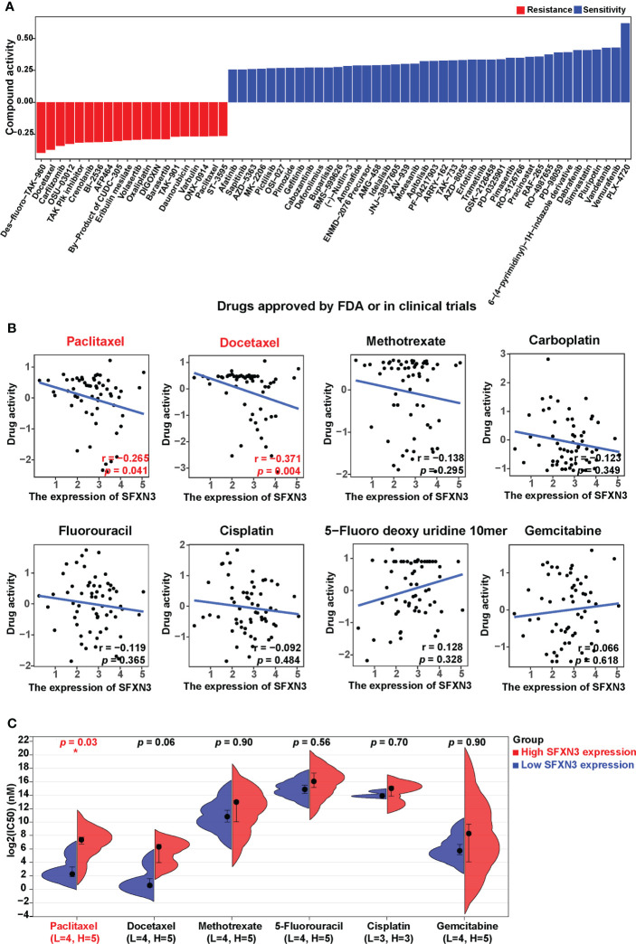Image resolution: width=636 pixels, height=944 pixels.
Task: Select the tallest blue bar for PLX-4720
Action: (624, 62)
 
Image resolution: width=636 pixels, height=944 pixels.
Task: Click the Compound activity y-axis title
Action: (9, 86)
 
